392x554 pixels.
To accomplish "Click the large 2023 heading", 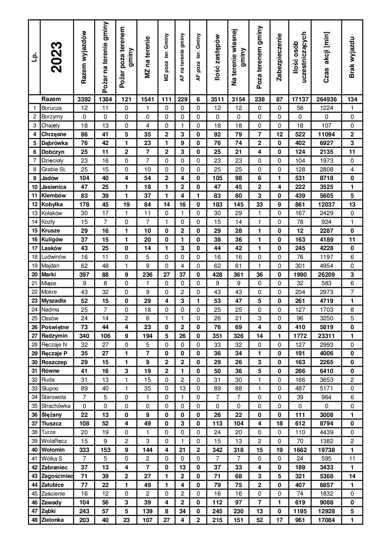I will pos(57,57).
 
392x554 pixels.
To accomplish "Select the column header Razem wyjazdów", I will pos(84,57).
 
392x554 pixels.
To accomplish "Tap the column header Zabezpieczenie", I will pos(279,57).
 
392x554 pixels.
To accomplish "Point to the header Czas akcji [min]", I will pos(326,57).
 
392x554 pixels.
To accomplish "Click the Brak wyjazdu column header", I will pos(352,57).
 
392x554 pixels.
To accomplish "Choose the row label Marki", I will pos(49,274).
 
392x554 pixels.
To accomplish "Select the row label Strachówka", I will pos(56,406).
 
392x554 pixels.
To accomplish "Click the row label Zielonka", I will pos(52,520).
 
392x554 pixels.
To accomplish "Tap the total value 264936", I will pos(326,99).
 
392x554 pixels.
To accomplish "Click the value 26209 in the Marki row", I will pos(326,274).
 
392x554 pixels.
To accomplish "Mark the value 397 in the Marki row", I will pos(84,274).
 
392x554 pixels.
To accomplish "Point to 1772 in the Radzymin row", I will pos(300,336).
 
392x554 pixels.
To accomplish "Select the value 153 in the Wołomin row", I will pos(105,450).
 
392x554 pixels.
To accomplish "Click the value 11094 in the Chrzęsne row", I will pos(326,134).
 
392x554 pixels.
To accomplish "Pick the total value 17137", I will pos(300,99).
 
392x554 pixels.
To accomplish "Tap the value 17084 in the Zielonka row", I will pos(326,520).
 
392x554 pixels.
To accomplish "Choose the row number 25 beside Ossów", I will pos(34,318).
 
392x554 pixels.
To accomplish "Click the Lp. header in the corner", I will pos(34,57).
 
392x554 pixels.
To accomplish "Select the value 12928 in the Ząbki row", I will pos(326,511).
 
